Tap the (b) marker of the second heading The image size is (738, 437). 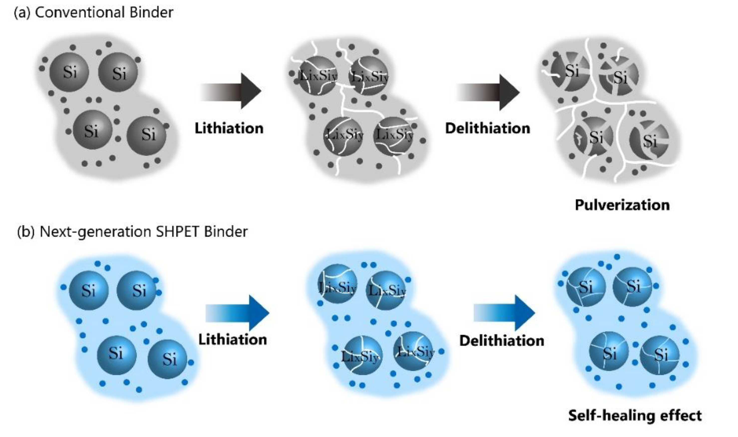tap(26, 232)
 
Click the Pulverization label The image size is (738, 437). tap(622, 205)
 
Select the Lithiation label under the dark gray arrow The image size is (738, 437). tap(229, 128)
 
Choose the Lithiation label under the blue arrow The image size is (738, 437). tap(232, 340)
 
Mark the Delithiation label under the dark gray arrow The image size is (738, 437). tap(487, 128)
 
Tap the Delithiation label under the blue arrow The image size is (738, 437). tap(501, 341)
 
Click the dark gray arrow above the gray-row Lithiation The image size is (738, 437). tap(231, 91)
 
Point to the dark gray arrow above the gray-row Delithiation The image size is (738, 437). tap(488, 92)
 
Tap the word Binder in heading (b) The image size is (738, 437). tap(226, 232)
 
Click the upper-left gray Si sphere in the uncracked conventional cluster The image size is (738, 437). tap(69, 72)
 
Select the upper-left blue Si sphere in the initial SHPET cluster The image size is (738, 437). tap(88, 290)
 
